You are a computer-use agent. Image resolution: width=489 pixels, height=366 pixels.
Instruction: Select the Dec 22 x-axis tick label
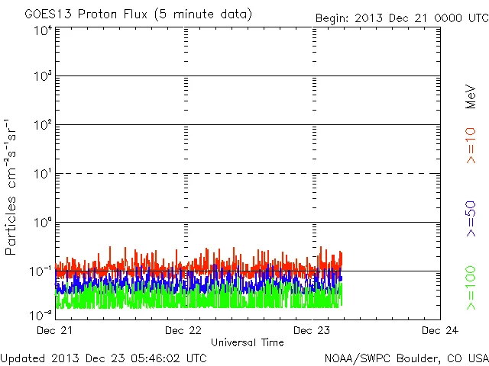[184, 331]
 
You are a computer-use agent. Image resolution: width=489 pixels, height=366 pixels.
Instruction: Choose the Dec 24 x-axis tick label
[440, 331]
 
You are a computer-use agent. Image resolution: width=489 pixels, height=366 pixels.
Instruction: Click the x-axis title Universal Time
[247, 342]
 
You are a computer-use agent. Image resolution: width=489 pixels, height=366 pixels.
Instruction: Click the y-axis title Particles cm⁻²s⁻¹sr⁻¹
[11, 188]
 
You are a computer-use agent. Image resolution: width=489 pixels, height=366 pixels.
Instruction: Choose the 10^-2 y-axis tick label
[41, 315]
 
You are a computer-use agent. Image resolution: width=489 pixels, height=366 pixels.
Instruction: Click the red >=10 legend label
[471, 145]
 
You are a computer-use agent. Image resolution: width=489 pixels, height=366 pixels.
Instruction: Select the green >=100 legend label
[471, 287]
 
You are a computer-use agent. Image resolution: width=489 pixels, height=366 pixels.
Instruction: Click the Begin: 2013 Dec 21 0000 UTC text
[401, 18]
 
